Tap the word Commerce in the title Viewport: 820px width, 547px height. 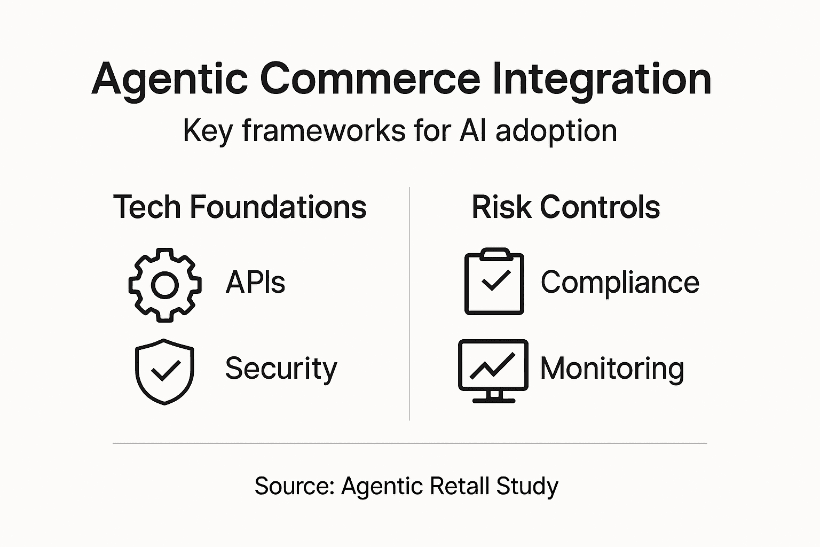370,79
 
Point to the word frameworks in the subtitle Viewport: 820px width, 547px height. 324,131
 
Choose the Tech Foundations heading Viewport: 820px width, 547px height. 240,207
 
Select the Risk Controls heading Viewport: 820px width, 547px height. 565,207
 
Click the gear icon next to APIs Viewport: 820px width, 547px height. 165,285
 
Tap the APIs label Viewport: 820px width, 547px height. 255,282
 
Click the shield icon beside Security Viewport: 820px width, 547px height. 164,371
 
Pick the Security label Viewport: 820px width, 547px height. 281,369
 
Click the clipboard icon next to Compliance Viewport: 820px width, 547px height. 494,282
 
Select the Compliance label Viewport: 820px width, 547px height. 619,282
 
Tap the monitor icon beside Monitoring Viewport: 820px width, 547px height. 493,371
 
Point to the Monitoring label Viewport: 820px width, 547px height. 612,369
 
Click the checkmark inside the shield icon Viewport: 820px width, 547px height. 165,370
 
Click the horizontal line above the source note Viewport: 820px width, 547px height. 409,443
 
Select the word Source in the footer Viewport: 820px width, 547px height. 294,486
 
